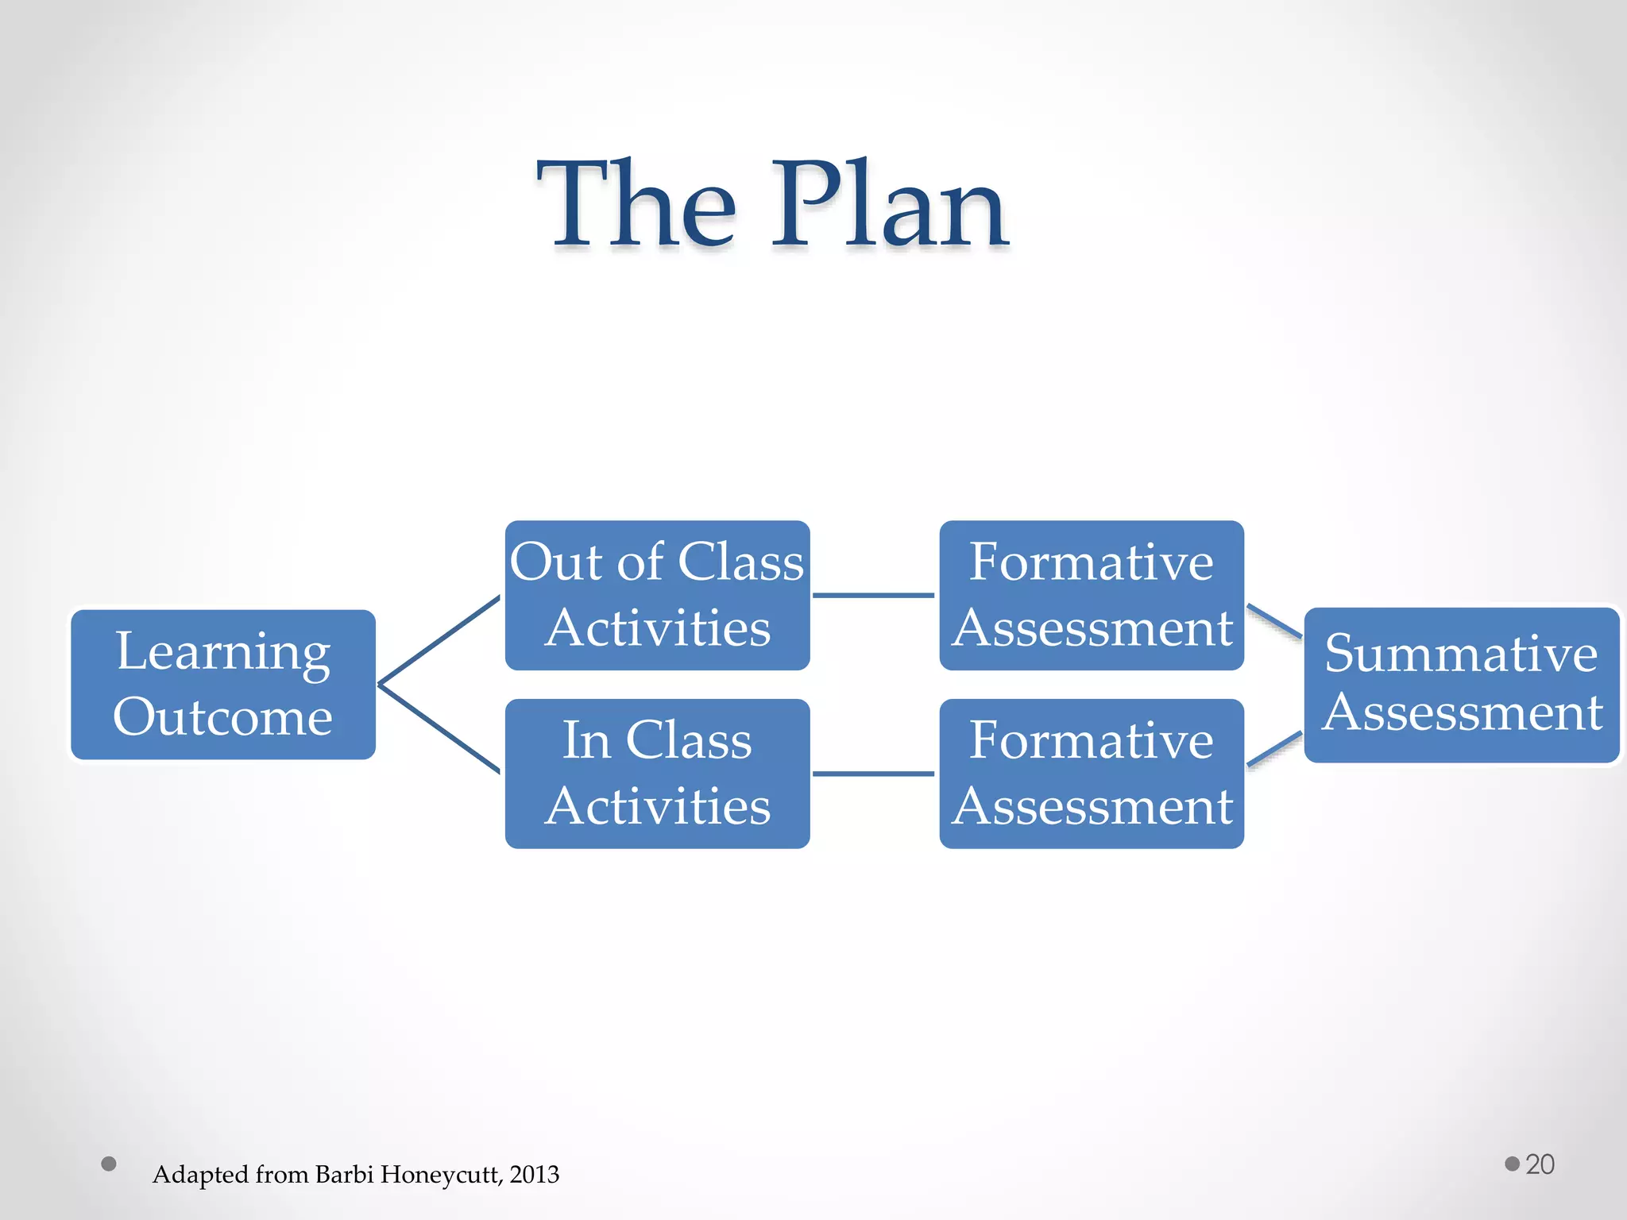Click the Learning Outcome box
coord(223,685)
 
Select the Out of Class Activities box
coord(657,595)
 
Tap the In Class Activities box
coord(657,773)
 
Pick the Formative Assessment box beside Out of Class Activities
coord(1092,595)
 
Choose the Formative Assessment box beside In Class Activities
coord(1092,773)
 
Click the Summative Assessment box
coord(1461,685)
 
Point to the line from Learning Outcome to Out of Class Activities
coord(439,639)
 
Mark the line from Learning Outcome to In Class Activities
coord(439,728)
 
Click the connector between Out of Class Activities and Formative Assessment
coord(874,595)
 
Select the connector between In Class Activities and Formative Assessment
coord(874,773)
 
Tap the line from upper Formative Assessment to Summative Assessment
coord(1274,621)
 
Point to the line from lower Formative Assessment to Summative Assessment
coord(1274,749)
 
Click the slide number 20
coord(1540,1164)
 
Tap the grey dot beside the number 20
coord(1512,1164)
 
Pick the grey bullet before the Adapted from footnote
coord(109,1164)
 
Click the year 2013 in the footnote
coord(535,1174)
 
